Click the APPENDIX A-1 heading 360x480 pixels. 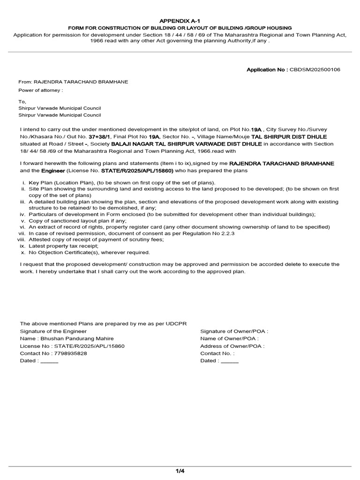[x=180, y=21]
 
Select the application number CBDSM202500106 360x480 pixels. [x=315, y=69]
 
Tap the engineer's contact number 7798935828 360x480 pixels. [x=71, y=353]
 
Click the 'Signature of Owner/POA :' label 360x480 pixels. [x=234, y=331]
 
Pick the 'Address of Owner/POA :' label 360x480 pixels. [x=232, y=346]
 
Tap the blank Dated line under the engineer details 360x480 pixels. [x=49, y=361]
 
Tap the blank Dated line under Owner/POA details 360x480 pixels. [x=230, y=361]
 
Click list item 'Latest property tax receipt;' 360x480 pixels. [x=63, y=246]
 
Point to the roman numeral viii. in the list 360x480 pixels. [x=21, y=239]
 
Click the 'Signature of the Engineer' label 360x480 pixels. [x=53, y=331]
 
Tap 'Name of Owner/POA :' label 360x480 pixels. [x=229, y=338]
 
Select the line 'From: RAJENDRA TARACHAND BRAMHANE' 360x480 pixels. [x=73, y=82]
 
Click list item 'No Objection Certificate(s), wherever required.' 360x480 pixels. [x=89, y=252]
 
